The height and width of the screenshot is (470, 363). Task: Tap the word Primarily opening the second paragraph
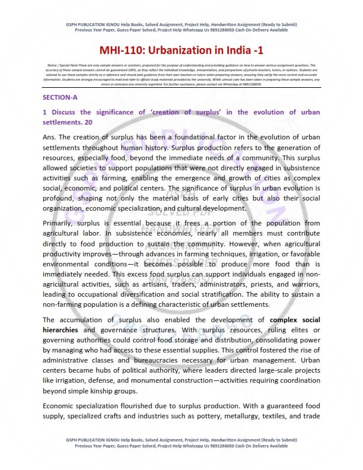click(60, 223)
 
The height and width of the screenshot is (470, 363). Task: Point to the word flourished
click(136, 405)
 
